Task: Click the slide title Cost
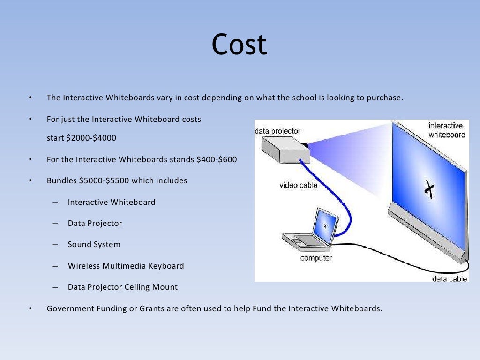pos(239,45)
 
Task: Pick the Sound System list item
pos(94,244)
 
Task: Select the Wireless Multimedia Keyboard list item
pos(126,266)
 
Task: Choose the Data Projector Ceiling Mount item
pos(122,287)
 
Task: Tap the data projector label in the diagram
pos(277,131)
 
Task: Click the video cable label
pos(298,185)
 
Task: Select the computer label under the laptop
pos(316,258)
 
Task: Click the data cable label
pos(449,278)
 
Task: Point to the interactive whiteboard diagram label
pos(446,130)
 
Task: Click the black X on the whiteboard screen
pos(428,188)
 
